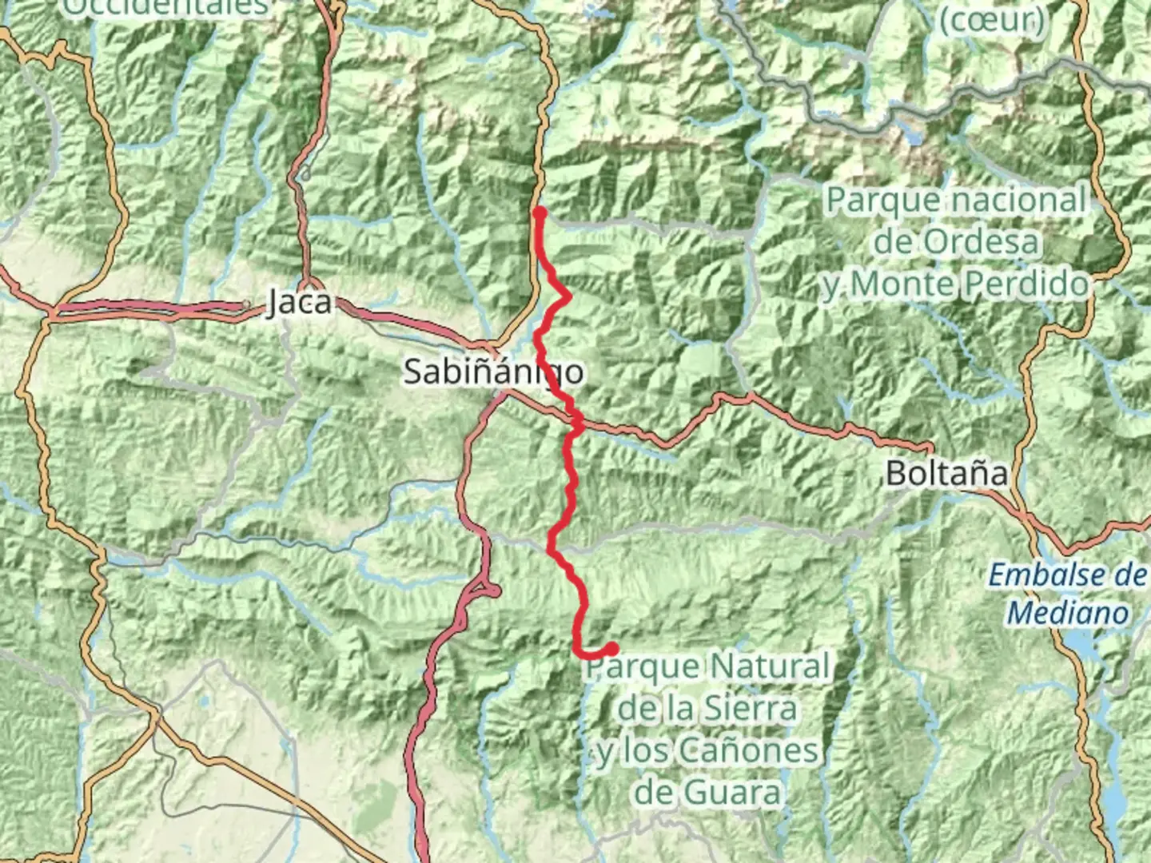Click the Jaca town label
click(x=299, y=302)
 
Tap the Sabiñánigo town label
click(x=493, y=372)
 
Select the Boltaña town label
click(x=946, y=473)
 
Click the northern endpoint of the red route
click(x=540, y=213)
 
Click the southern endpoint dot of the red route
click(x=611, y=649)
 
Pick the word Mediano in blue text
click(x=1068, y=613)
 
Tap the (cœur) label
click(x=991, y=21)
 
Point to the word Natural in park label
click(x=769, y=666)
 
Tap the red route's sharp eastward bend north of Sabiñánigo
click(x=568, y=297)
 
